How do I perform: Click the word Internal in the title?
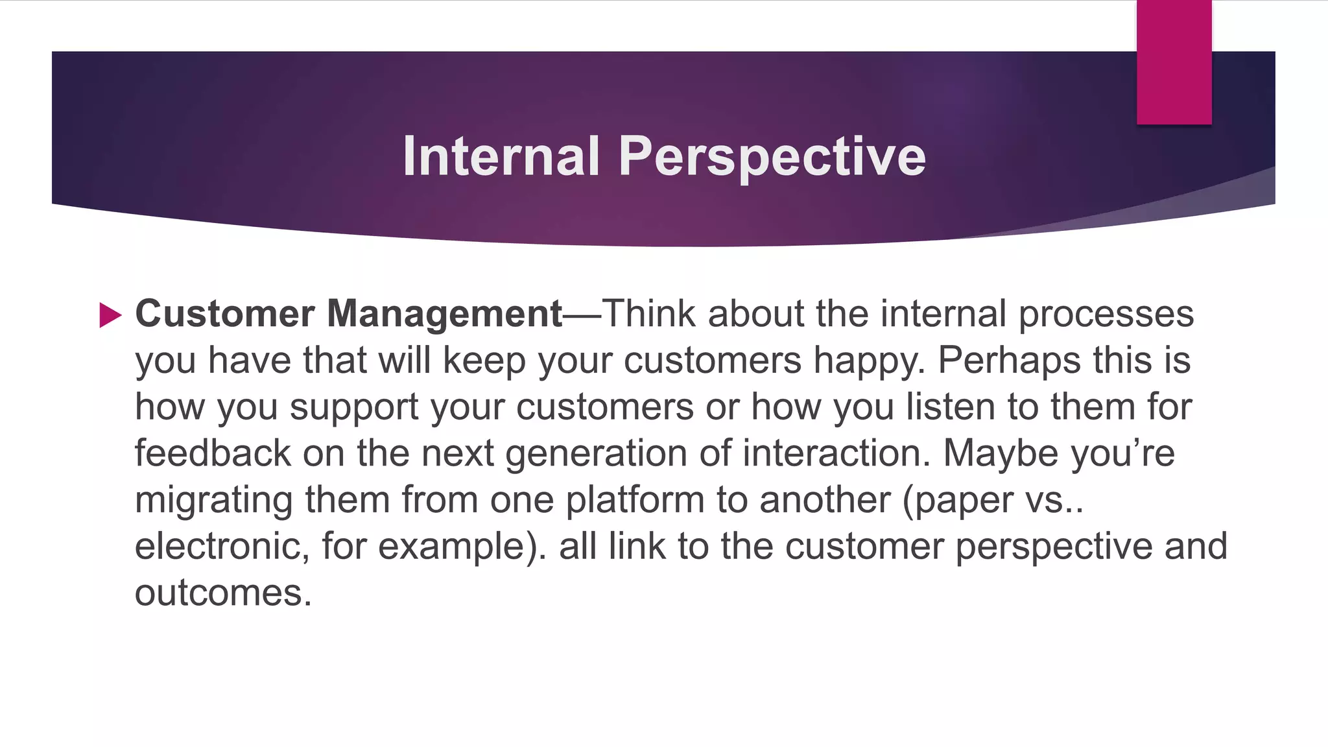click(500, 156)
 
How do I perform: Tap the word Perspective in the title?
click(772, 158)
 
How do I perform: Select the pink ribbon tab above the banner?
click(1174, 62)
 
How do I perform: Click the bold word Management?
click(444, 314)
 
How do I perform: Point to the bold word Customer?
click(225, 314)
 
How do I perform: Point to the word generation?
click(596, 454)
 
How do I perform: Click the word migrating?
click(213, 501)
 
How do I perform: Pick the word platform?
click(635, 501)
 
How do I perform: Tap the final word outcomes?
click(222, 593)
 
